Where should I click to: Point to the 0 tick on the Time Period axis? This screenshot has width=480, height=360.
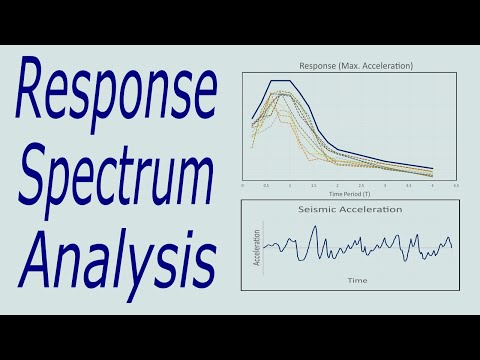(243, 186)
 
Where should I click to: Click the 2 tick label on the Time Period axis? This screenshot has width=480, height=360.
(337, 186)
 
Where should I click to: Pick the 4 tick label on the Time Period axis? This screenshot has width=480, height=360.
(432, 186)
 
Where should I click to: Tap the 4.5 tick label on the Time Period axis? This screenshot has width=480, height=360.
(456, 186)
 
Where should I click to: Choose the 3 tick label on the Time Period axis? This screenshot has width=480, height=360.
(385, 186)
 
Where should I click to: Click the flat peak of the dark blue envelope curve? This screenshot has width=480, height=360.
(280, 81)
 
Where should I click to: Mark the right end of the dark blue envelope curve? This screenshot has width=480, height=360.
(432, 169)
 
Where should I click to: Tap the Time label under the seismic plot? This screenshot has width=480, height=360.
(357, 281)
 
